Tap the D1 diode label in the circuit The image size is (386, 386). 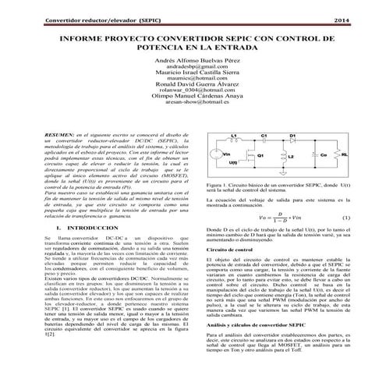[292, 135]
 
